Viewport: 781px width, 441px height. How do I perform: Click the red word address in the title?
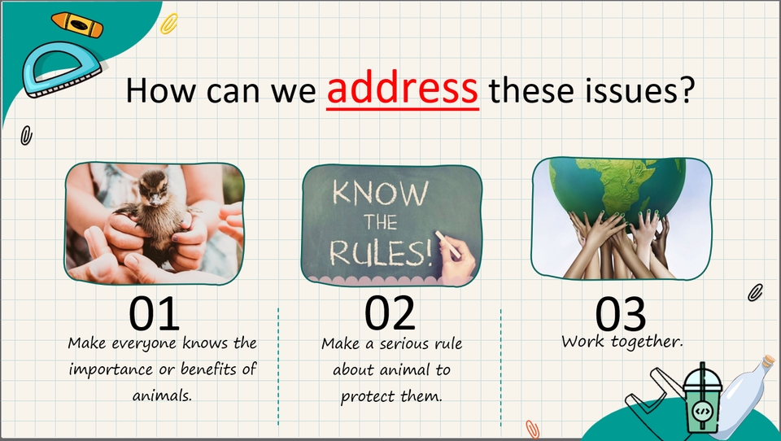pyautogui.click(x=403, y=90)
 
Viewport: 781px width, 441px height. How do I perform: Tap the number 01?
pyautogui.click(x=154, y=313)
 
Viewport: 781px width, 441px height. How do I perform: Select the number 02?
pyautogui.click(x=390, y=313)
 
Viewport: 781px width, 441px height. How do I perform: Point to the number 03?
pyautogui.click(x=621, y=314)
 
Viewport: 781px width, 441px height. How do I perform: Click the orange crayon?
pyautogui.click(x=77, y=24)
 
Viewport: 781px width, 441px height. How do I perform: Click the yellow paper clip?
pyautogui.click(x=169, y=24)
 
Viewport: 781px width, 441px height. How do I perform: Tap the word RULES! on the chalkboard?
pyautogui.click(x=381, y=253)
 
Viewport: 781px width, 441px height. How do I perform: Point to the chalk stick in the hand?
pyautogui.click(x=447, y=245)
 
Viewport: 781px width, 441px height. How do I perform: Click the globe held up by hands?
pyautogui.click(x=617, y=187)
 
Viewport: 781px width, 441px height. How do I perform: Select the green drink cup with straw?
pyautogui.click(x=702, y=399)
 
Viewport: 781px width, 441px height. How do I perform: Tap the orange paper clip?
pyautogui.click(x=532, y=429)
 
